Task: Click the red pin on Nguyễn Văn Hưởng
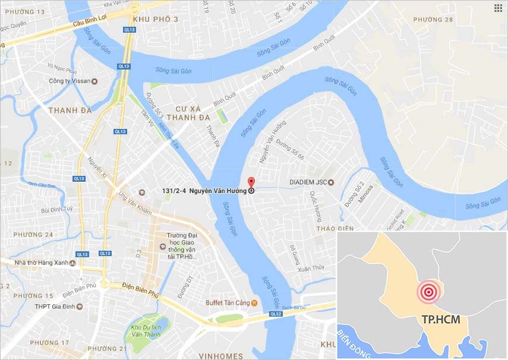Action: pos(251,182)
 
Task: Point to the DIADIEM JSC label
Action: pos(308,182)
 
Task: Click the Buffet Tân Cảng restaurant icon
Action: pos(254,302)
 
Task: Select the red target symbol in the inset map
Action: pos(428,291)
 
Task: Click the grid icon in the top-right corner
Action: pos(497,8)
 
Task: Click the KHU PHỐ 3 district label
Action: pos(156,20)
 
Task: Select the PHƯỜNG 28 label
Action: pos(433,20)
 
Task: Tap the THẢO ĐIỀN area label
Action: pos(335,228)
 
